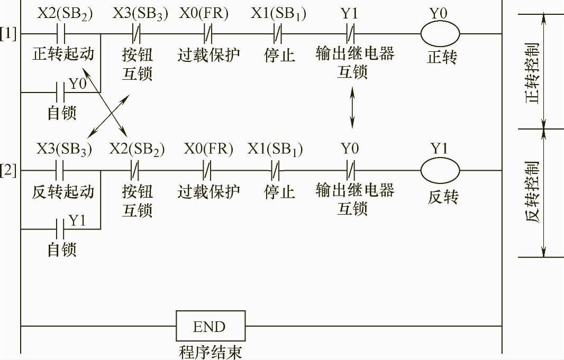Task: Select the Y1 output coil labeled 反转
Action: pos(440,170)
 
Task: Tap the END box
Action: pos(211,326)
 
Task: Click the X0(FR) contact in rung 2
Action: pos(208,170)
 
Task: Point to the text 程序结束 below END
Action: pos(211,352)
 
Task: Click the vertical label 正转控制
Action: pos(534,71)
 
